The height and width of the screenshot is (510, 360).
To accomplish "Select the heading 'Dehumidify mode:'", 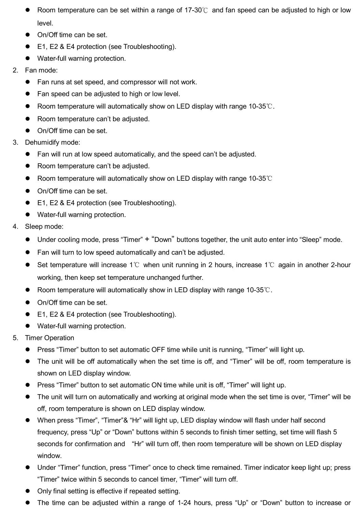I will coord(52,142).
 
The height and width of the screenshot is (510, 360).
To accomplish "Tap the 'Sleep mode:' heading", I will coord(44,226).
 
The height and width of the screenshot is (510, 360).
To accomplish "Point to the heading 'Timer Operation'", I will coord(50,338).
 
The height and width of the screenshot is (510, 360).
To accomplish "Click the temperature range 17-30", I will coord(193,10).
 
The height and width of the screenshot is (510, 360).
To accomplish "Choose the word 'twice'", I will coord(69,479).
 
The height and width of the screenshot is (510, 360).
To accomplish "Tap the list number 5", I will coord(15,338).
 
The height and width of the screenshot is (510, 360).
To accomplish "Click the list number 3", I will coord(15,142).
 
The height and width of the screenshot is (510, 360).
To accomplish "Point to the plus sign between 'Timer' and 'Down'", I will coord(147,239).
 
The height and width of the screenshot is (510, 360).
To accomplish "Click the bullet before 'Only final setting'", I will coord(29,491).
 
